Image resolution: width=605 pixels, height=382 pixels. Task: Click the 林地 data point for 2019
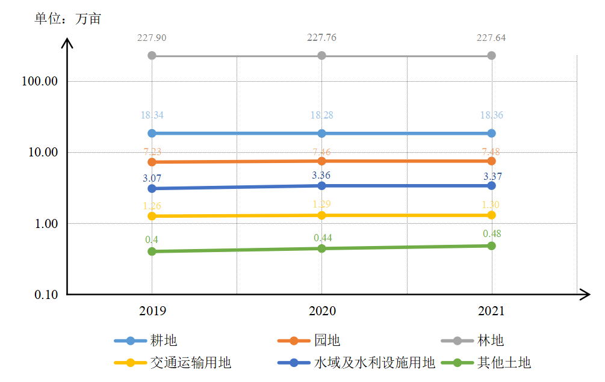pyautogui.click(x=152, y=55)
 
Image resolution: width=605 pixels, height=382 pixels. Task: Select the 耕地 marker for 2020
pyautogui.click(x=321, y=133)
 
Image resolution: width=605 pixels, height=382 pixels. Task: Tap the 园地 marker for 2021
pyautogui.click(x=491, y=161)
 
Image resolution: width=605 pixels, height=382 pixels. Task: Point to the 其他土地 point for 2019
pyautogui.click(x=152, y=251)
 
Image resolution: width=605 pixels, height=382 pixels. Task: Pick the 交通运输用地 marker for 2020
pyautogui.click(x=321, y=215)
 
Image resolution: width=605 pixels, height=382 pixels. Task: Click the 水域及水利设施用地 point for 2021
pyautogui.click(x=491, y=185)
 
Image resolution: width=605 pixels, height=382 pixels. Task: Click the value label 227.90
pyautogui.click(x=152, y=38)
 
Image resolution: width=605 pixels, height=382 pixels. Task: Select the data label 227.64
pyautogui.click(x=491, y=38)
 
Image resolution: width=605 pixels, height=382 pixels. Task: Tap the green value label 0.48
pyautogui.click(x=492, y=233)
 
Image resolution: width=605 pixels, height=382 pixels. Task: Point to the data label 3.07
pyautogui.click(x=152, y=178)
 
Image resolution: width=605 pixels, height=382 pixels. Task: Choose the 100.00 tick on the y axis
pyautogui.click(x=39, y=81)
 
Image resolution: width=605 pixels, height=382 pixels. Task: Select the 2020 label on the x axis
pyautogui.click(x=322, y=311)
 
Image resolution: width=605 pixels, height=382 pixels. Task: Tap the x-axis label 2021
pyautogui.click(x=491, y=311)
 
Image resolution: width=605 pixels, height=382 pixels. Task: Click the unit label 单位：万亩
pyautogui.click(x=68, y=19)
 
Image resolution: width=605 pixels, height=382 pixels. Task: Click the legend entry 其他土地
pyautogui.click(x=504, y=363)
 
